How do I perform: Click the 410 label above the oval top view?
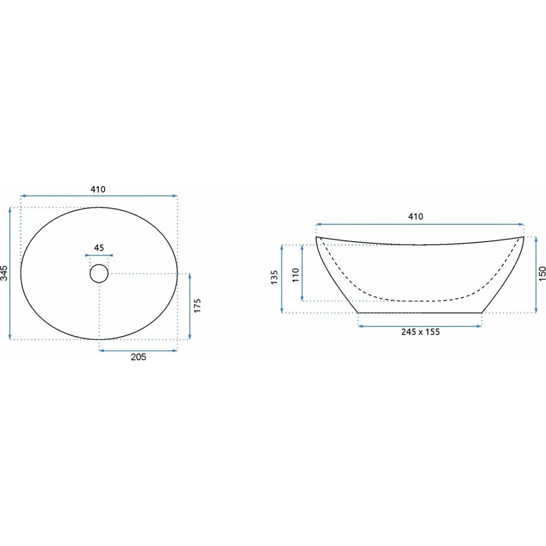point(98,189)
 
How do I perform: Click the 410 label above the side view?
point(416,217)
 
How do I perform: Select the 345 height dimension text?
point(4,273)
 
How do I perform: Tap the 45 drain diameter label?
point(99,248)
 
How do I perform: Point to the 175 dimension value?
point(197,305)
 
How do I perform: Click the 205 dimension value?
point(138,357)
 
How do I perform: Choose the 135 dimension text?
point(274,278)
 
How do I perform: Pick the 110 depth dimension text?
point(296,275)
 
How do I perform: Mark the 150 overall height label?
point(542,273)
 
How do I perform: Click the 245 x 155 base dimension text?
point(420,332)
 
